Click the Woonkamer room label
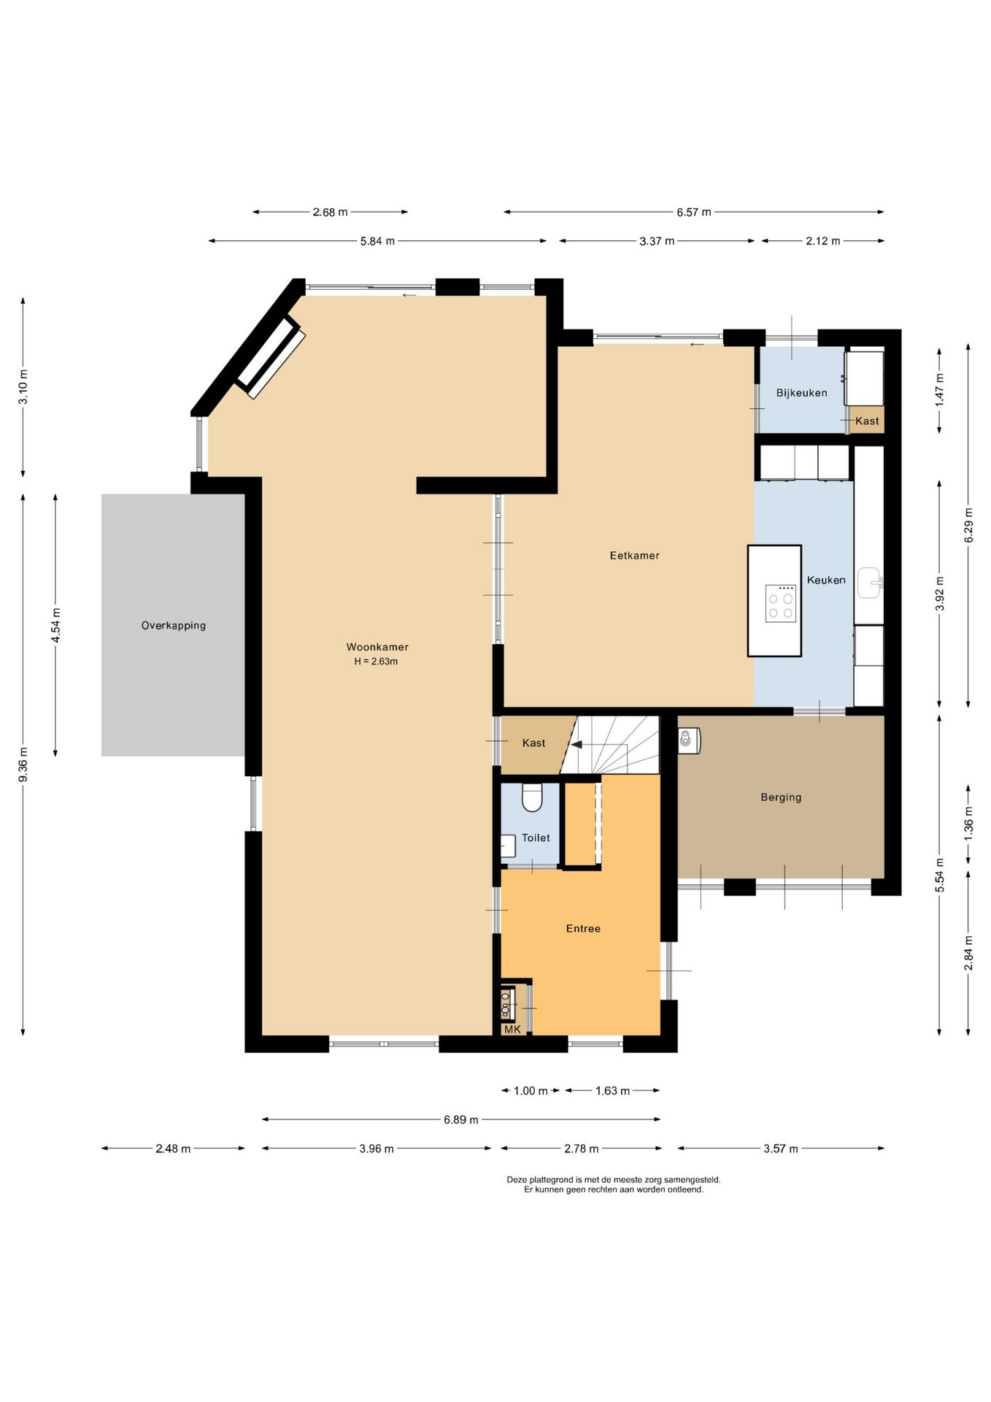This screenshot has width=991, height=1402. point(377,647)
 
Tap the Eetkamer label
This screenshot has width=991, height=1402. point(635,556)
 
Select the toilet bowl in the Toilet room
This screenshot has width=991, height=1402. point(532,797)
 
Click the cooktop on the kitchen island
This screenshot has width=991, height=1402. point(781,603)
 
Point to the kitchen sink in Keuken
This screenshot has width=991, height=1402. point(869,583)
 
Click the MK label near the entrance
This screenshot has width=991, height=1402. point(512,1030)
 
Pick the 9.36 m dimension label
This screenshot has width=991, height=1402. point(23,764)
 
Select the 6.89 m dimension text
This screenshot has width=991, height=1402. point(461,1119)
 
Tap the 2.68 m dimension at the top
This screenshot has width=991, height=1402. point(330,212)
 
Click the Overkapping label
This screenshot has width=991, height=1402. point(174,626)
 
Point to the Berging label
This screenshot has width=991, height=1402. point(781,797)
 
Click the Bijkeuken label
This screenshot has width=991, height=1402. point(802,393)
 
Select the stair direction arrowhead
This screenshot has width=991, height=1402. point(577,745)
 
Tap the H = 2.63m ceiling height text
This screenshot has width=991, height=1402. point(376,662)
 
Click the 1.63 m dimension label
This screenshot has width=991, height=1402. point(612,1091)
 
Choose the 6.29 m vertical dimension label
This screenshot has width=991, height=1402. point(969,524)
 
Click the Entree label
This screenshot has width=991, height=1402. point(583,929)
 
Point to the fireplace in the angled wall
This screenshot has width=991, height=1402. point(269,357)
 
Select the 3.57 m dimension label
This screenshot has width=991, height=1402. point(781,1149)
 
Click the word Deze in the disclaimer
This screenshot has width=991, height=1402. point(517,1179)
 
